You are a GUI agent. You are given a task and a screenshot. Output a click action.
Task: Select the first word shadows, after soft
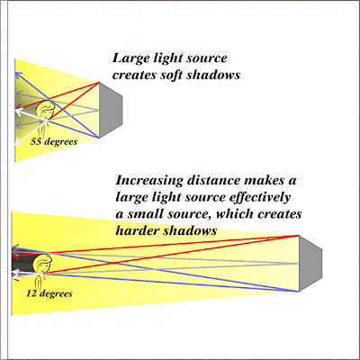[213, 75]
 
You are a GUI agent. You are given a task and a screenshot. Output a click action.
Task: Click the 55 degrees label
[54, 142]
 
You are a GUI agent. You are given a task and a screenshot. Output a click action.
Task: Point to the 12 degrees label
[49, 293]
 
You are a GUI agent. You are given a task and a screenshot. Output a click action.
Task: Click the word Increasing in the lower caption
[149, 181]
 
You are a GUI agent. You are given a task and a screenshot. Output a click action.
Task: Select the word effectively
[260, 198]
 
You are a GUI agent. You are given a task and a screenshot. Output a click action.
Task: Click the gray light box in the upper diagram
[111, 110]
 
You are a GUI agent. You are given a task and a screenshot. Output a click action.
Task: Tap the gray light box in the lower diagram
[310, 264]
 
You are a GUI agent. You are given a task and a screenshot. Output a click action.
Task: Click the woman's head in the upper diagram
[46, 110]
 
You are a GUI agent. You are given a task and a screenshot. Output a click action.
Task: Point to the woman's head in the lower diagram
[42, 264]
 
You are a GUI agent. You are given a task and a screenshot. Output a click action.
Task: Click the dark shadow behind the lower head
[22, 264]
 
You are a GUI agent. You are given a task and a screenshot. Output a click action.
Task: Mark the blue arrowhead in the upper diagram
[19, 75]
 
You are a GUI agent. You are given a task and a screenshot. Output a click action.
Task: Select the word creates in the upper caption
[134, 75]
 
